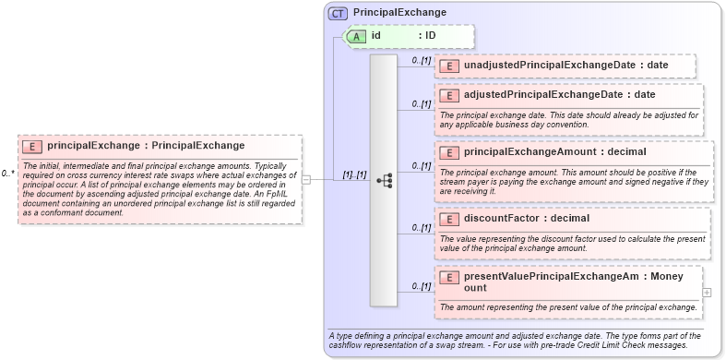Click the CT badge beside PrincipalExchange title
tap(338, 13)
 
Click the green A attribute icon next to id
tap(356, 36)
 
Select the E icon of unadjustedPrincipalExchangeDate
tap(449, 66)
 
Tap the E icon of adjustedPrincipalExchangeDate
tap(449, 95)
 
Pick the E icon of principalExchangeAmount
tap(449, 152)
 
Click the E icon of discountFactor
tap(449, 219)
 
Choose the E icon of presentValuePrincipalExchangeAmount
tap(449, 277)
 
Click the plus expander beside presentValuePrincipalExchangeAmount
tap(707, 293)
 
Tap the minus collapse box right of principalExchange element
tap(306, 180)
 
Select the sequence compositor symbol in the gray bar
tap(384, 180)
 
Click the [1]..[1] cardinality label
tap(354, 174)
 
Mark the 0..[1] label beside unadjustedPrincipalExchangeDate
tap(420, 61)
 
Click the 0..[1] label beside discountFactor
tap(420, 227)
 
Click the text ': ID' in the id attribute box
tap(427, 36)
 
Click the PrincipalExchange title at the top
tap(399, 13)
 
